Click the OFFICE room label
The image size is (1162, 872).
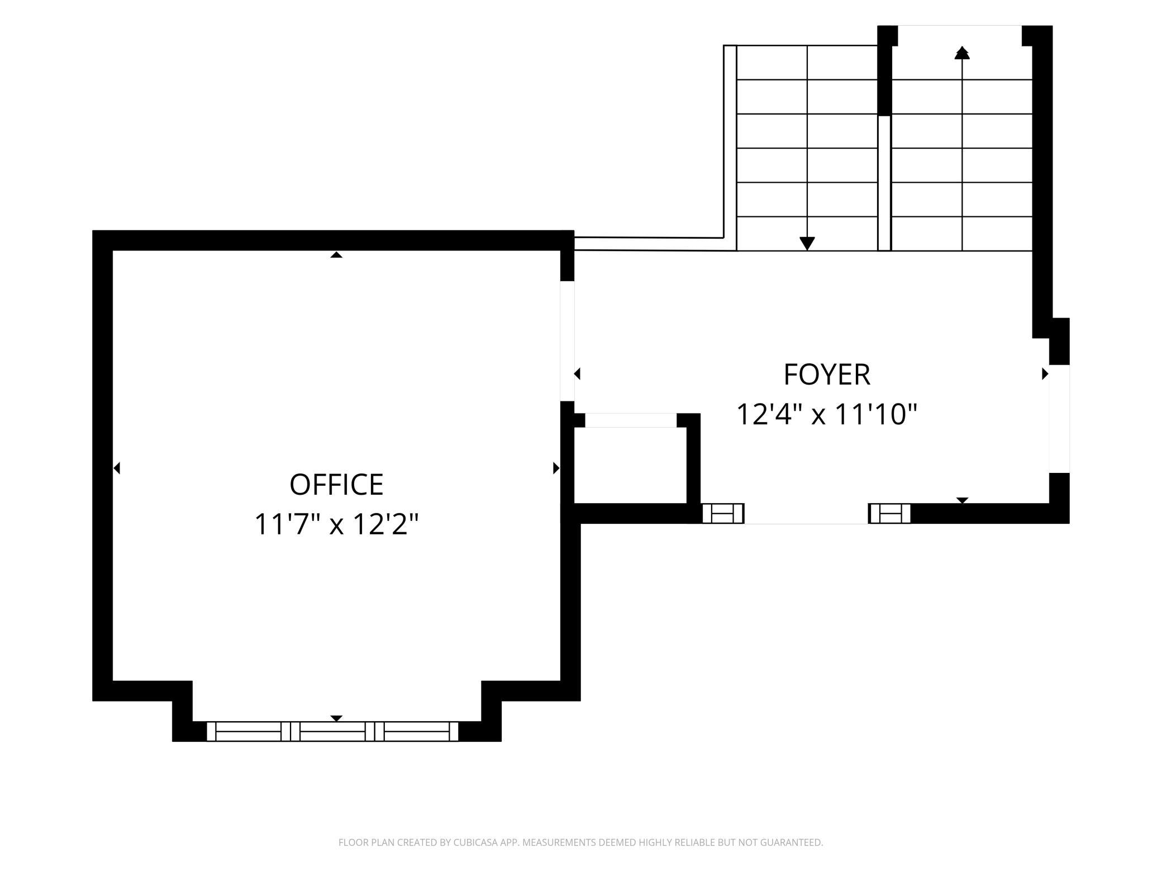[x=336, y=485]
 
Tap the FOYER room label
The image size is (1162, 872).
[x=827, y=375]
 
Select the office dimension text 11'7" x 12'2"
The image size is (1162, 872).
[x=336, y=524]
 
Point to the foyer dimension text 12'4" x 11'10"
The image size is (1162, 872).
[x=827, y=415]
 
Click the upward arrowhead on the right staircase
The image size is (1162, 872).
[x=962, y=53]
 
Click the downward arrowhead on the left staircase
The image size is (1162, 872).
[x=807, y=244]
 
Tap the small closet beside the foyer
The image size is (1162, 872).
[x=630, y=465]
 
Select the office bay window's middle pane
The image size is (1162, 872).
[x=332, y=731]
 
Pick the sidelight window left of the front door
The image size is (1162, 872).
[x=723, y=513]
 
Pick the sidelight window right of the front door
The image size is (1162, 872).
[x=889, y=513]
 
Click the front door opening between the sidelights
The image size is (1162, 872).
[x=806, y=514]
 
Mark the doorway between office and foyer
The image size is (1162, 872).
[x=567, y=341]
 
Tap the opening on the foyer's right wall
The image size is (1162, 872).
[x=1059, y=419]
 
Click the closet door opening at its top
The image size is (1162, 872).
[x=631, y=420]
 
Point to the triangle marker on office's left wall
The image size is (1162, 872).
[x=116, y=468]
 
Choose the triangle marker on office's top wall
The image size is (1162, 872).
[x=336, y=254]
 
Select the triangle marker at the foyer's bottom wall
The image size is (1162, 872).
[x=962, y=500]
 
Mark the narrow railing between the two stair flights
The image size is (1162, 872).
[x=884, y=183]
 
